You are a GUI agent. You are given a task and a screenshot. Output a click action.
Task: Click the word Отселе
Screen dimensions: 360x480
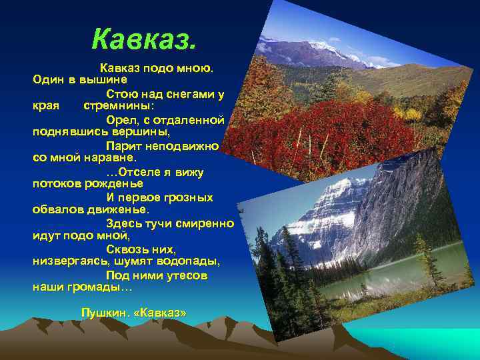137,171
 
